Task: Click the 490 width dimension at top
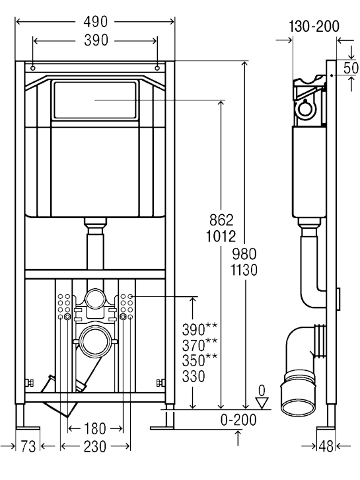click(95, 22)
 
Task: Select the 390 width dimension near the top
click(96, 40)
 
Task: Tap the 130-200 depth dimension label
click(314, 26)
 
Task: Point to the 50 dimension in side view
click(351, 68)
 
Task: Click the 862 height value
click(221, 220)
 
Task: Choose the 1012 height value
click(221, 236)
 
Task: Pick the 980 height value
click(244, 254)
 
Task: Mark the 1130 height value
click(244, 270)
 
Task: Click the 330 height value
click(194, 377)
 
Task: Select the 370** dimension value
click(199, 344)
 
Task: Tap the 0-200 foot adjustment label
click(238, 420)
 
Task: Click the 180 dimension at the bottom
click(95, 428)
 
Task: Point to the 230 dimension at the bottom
click(95, 446)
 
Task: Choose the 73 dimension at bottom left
click(28, 446)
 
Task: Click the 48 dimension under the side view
click(326, 446)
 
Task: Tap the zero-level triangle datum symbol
click(262, 403)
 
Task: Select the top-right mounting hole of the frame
click(157, 68)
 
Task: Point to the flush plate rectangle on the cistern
click(95, 100)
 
